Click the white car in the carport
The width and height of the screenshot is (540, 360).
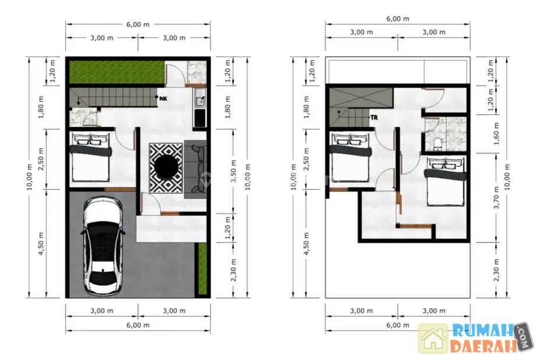[x=103, y=246]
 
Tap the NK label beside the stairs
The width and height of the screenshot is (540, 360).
[x=163, y=98]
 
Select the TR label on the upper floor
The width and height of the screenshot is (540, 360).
[x=373, y=118]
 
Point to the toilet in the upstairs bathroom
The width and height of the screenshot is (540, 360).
[x=437, y=144]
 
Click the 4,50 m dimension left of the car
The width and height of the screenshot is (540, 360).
[x=41, y=243]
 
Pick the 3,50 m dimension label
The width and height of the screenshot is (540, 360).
[x=233, y=171]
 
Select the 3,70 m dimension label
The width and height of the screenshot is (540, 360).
[x=496, y=197]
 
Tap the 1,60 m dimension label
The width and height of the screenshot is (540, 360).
[x=496, y=133]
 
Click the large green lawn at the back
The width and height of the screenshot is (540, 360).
[x=117, y=72]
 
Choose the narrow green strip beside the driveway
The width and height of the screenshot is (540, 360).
[x=203, y=269]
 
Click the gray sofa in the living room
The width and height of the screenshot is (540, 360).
[x=195, y=170]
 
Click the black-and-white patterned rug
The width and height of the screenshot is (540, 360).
[x=165, y=168]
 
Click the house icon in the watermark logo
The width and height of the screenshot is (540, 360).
[x=433, y=339]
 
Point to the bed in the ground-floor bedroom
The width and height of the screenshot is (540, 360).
[x=91, y=157]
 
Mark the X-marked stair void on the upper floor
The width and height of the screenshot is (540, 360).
[x=361, y=97]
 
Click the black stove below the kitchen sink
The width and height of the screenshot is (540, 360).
[x=200, y=118]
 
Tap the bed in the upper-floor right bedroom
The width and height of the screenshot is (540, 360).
[x=446, y=182]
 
